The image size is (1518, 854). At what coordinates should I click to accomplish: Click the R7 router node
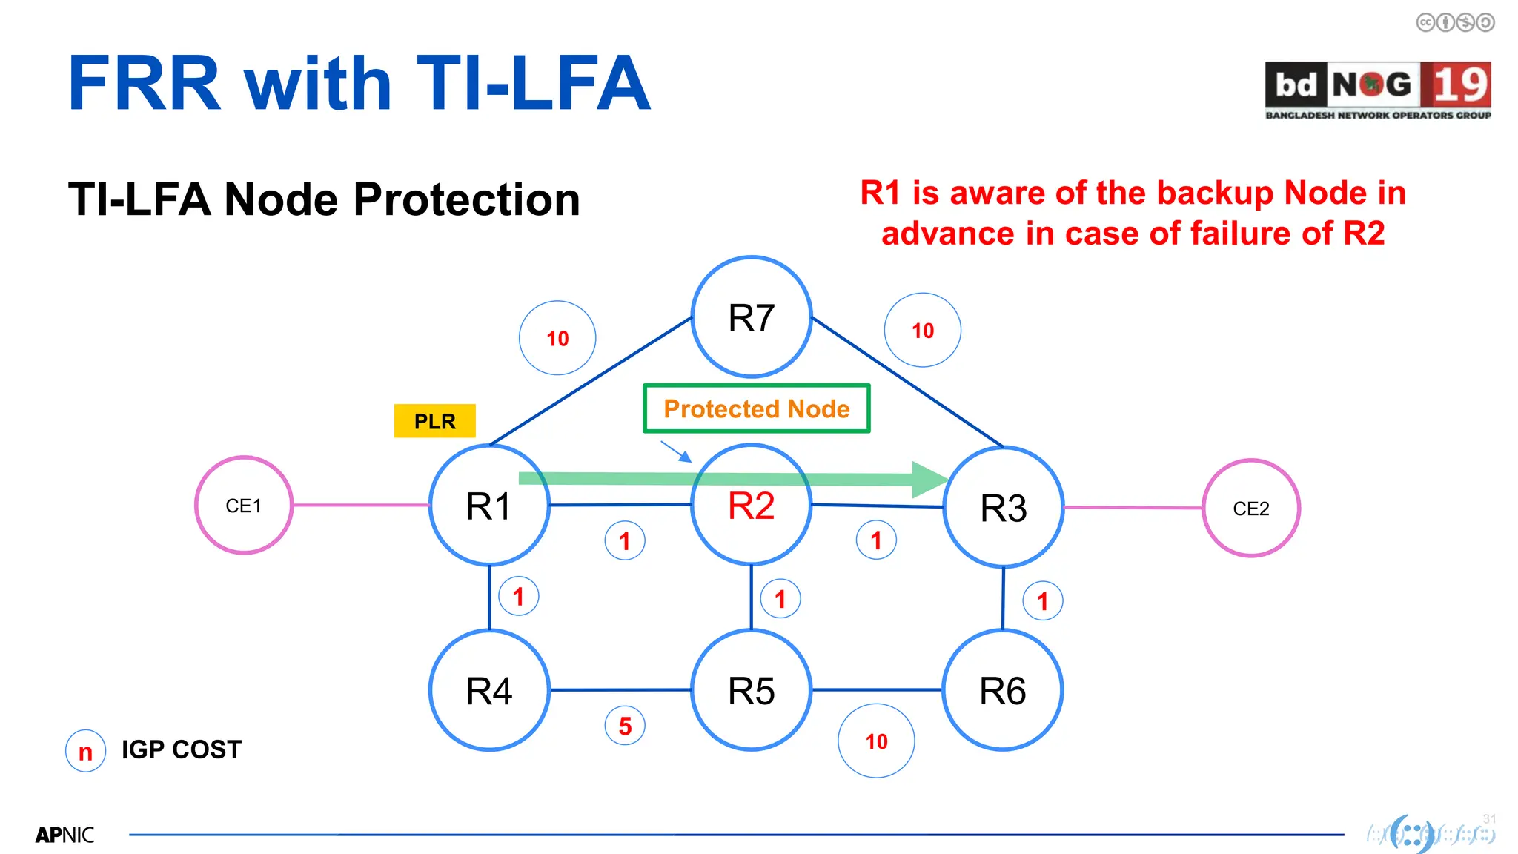click(x=751, y=317)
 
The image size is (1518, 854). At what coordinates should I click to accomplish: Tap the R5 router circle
click(x=751, y=690)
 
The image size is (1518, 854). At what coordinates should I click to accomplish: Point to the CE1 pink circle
click(x=243, y=506)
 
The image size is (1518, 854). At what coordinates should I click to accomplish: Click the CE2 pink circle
click(x=1250, y=509)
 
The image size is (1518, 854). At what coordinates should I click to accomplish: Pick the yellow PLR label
click(x=434, y=421)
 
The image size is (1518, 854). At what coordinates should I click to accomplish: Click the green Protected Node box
click(x=756, y=408)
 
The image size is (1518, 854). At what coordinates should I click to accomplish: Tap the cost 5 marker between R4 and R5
click(x=625, y=726)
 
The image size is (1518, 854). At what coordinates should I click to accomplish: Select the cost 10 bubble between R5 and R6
click(x=876, y=741)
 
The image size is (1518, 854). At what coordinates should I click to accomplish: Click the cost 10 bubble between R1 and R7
click(x=557, y=338)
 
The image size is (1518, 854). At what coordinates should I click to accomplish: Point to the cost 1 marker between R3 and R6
click(x=1042, y=600)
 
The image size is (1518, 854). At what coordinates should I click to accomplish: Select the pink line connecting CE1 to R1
click(x=361, y=505)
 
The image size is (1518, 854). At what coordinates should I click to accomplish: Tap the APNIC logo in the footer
click(x=64, y=835)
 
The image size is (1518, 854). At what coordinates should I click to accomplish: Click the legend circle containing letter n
click(x=86, y=751)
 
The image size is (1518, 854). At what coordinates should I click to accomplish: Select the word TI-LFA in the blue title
click(x=534, y=84)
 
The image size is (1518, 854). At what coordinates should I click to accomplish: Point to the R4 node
click(x=489, y=690)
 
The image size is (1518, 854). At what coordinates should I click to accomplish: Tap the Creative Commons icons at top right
click(x=1455, y=23)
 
